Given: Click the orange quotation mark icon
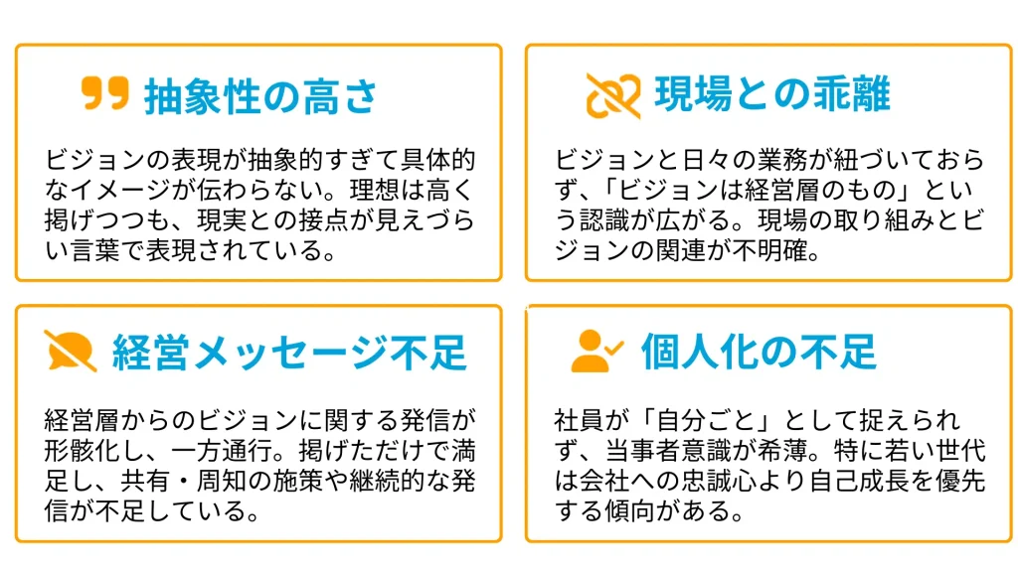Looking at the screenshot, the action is click(104, 92).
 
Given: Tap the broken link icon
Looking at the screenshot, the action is click(612, 95).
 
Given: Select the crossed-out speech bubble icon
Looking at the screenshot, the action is click(71, 351).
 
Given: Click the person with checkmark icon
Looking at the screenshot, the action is click(596, 351).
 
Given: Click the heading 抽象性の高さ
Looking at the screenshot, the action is click(261, 96).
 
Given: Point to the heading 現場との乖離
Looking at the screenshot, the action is click(772, 93).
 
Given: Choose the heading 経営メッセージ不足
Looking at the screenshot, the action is click(289, 353).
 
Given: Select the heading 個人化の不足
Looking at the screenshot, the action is click(759, 351).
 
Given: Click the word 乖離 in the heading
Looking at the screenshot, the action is click(851, 93).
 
